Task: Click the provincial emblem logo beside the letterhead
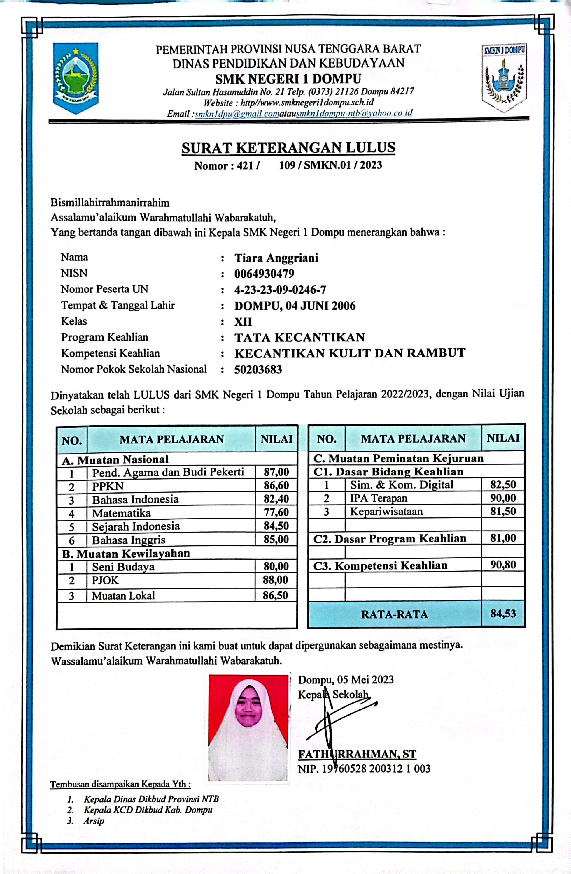coord(76,77)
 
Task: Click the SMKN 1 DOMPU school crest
coord(504,77)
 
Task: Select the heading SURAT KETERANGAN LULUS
coord(288,148)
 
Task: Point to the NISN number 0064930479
coord(264,274)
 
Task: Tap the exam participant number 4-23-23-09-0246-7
coord(280,290)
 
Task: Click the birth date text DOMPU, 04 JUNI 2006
coord(295,306)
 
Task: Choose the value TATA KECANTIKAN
coord(300,337)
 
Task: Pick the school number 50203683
coord(258,369)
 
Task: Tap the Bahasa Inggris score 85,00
coord(276,540)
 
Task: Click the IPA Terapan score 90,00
coord(502,498)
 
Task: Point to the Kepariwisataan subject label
coord(386,512)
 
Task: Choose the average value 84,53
coord(502,613)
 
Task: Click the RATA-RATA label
coord(394,614)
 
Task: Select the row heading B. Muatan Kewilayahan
coord(126,554)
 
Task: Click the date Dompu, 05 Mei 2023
coord(346,679)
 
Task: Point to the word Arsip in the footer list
coord(94,821)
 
